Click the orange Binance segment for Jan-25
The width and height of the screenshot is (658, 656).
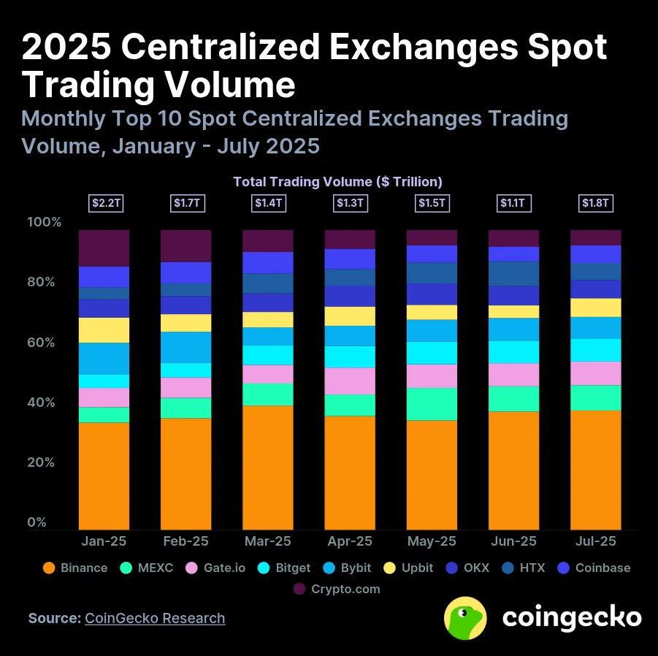[x=104, y=476]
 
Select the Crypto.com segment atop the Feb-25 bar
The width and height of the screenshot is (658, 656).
[x=185, y=245]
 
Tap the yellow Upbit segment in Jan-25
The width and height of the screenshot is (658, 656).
[x=104, y=330]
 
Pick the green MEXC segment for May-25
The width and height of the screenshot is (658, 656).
[x=432, y=404]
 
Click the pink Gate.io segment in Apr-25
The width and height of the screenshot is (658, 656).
[x=350, y=381]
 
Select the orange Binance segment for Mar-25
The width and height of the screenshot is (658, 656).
[x=268, y=468]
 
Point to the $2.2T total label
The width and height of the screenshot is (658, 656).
[x=104, y=203]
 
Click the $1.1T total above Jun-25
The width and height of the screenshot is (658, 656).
[x=513, y=203]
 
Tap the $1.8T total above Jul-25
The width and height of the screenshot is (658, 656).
[x=595, y=203]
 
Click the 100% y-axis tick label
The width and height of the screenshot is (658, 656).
[x=44, y=222]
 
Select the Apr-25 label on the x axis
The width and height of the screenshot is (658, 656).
[x=350, y=541]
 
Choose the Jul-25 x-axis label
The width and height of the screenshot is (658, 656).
[x=595, y=541]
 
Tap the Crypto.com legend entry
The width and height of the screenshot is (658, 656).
[x=337, y=589]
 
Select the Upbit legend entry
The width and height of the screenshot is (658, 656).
[x=410, y=568]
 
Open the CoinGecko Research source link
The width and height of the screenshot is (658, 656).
[x=155, y=618]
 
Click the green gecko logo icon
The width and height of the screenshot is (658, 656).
[x=466, y=618]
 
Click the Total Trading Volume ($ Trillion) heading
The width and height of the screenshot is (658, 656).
[x=337, y=181]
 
